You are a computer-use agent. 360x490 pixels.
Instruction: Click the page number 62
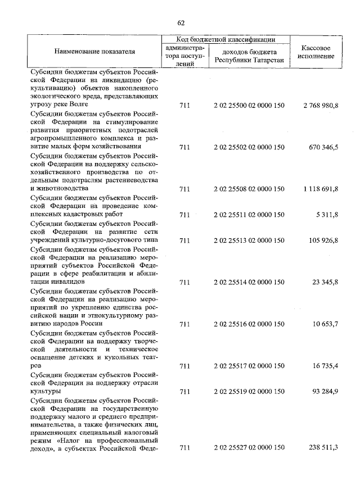(x=181, y=23)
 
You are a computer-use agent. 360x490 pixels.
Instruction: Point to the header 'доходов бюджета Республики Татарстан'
(x=249, y=56)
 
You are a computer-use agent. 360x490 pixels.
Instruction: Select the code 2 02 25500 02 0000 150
(x=249, y=105)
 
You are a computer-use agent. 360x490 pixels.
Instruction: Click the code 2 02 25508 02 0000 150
(x=249, y=189)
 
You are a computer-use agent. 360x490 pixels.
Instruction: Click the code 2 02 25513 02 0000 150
(x=249, y=241)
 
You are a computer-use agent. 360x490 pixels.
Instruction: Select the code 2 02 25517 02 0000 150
(x=249, y=366)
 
